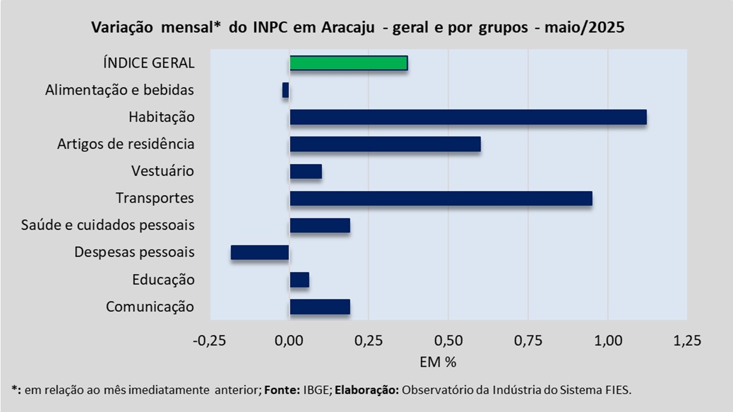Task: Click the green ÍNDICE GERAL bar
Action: [x=349, y=63]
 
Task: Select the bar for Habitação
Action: [x=468, y=117]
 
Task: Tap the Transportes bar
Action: [x=441, y=199]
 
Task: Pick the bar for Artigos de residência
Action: [x=385, y=144]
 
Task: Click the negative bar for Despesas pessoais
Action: [x=260, y=252]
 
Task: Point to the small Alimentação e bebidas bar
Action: [x=286, y=90]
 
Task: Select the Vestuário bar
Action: [x=306, y=171]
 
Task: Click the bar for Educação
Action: [x=299, y=280]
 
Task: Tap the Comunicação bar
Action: [x=320, y=307]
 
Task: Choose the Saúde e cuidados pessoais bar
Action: [x=320, y=225]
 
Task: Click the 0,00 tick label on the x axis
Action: [x=289, y=341]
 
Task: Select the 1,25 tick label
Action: [x=687, y=341]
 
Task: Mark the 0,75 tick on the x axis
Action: [x=528, y=341]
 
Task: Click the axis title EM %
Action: [x=438, y=362]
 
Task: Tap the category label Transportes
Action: [x=155, y=199]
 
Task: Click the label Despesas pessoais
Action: [x=135, y=252]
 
